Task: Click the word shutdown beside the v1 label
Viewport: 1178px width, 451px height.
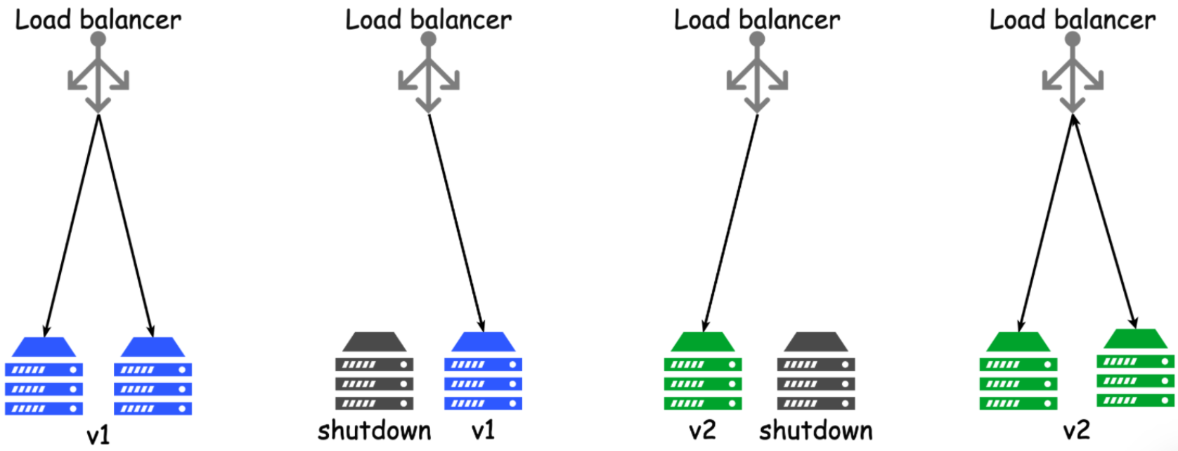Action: tap(374, 430)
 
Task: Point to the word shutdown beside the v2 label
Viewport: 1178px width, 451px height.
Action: tap(815, 430)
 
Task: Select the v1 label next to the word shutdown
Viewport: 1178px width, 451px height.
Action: tap(483, 430)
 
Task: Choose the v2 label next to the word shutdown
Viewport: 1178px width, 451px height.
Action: tap(702, 430)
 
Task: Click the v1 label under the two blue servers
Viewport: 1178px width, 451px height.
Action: tap(98, 436)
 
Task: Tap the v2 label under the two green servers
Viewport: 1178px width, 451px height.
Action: tap(1076, 430)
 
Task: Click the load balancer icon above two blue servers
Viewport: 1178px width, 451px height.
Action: tap(98, 74)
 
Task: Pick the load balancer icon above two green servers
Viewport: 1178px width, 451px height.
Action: tap(1072, 74)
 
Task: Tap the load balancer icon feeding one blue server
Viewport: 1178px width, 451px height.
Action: tap(428, 74)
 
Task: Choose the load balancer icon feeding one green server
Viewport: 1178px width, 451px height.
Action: tap(757, 74)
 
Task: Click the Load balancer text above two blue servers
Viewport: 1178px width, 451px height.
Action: tap(98, 20)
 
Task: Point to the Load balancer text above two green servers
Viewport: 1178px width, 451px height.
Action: tap(1072, 20)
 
